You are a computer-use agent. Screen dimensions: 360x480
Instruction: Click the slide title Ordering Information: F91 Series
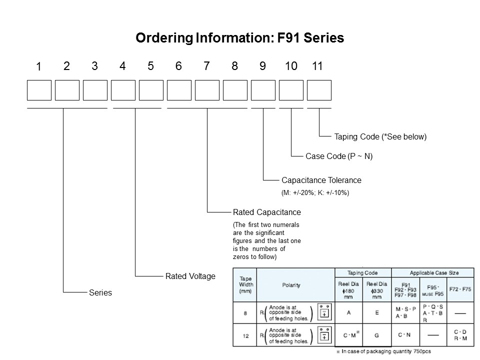[x=240, y=38]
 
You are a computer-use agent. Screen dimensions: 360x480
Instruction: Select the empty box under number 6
[x=179, y=90]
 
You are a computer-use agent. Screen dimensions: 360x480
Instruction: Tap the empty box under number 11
[x=319, y=90]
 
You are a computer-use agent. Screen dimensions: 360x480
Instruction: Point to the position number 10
[x=291, y=66]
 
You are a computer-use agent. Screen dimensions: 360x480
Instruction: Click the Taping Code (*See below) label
[x=380, y=136]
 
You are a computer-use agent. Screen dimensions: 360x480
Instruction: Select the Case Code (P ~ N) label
[x=339, y=156]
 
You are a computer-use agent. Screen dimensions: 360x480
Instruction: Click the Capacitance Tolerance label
[x=321, y=180]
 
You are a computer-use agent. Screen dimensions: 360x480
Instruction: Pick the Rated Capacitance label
[x=267, y=212]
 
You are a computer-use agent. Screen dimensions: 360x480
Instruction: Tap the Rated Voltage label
[x=190, y=276]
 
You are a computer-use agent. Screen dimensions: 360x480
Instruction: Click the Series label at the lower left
[x=100, y=293]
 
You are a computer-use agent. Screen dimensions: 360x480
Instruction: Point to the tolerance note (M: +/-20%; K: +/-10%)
[x=315, y=192]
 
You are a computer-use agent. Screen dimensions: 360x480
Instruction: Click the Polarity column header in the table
[x=291, y=285]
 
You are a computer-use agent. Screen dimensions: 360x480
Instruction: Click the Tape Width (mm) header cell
[x=245, y=285]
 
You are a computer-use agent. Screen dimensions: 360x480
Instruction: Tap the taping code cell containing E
[x=377, y=312]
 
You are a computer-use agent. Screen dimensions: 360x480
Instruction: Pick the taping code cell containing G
[x=377, y=335]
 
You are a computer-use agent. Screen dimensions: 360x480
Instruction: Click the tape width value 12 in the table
[x=245, y=336]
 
